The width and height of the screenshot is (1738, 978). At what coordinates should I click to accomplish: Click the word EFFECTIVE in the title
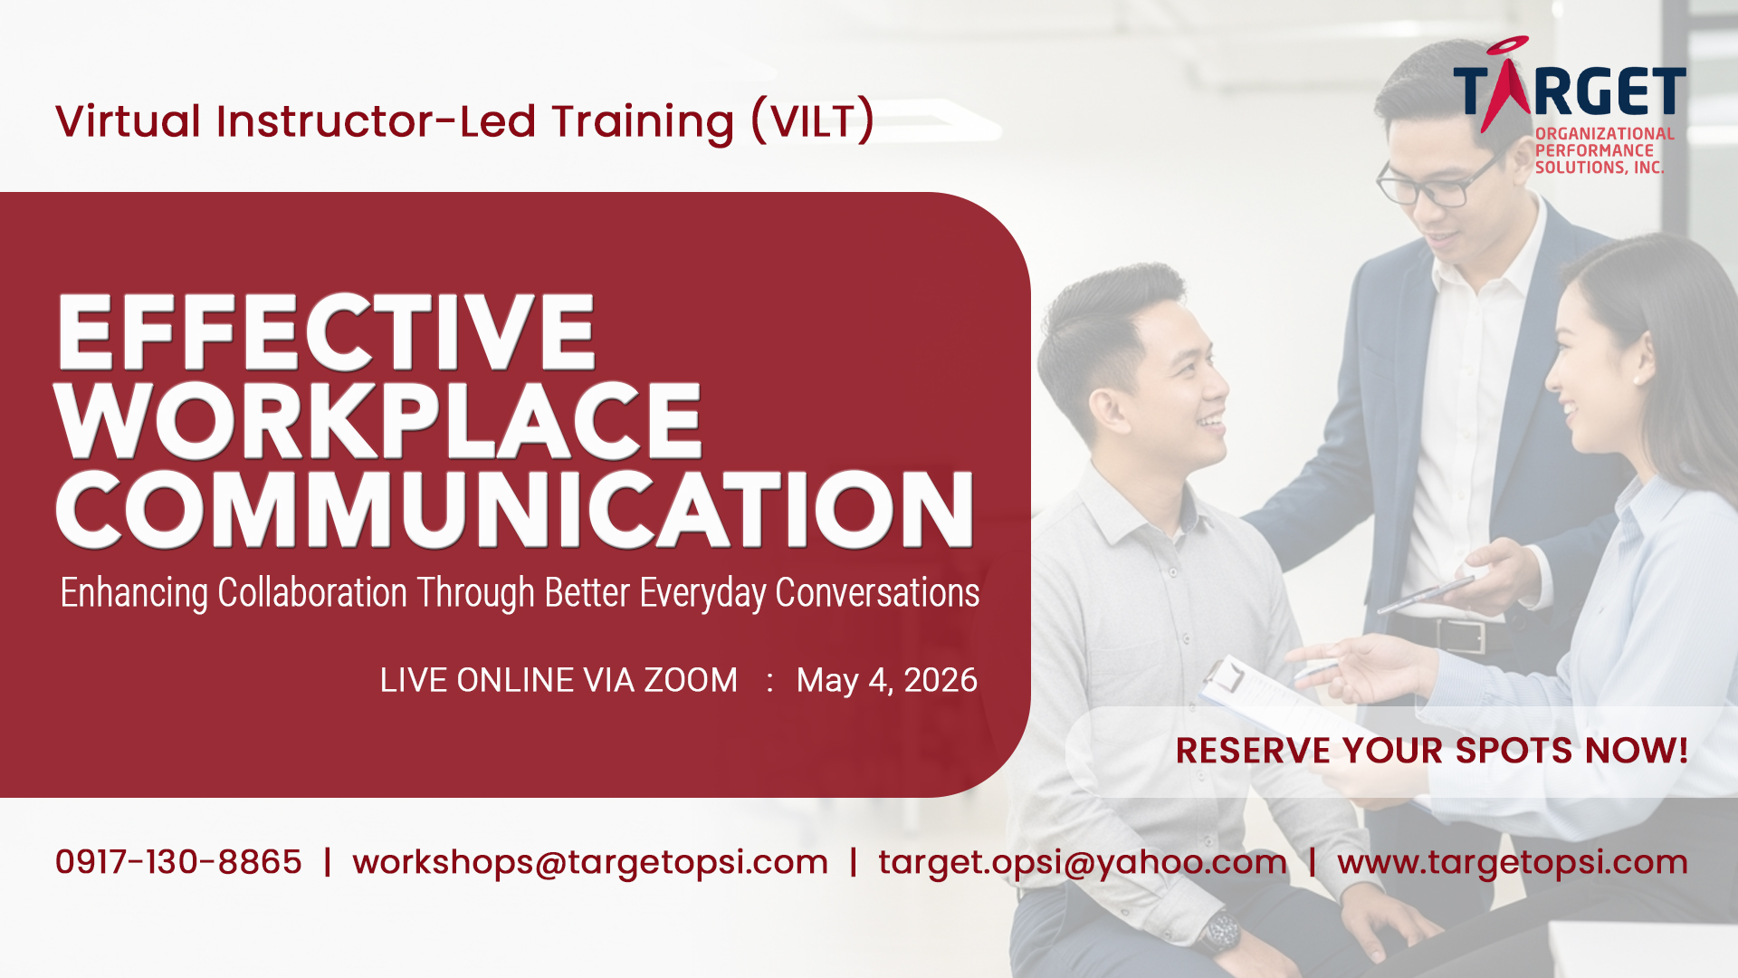click(326, 331)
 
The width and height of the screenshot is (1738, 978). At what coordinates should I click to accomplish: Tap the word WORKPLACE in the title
click(378, 420)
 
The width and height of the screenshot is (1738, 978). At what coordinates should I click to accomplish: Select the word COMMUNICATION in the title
click(514, 509)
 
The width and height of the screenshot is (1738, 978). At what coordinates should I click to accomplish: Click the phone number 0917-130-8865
click(178, 862)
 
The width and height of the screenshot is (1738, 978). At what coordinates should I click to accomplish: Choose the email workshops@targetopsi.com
click(590, 862)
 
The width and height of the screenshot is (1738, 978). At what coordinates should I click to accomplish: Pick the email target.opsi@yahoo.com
click(1083, 862)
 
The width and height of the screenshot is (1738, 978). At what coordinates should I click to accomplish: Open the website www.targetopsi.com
click(1513, 862)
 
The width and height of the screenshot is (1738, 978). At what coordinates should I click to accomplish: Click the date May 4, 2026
click(887, 680)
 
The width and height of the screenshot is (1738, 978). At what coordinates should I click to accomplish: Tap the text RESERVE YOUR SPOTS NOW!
click(1432, 751)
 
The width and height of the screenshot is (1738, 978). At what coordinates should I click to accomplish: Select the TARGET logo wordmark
click(1570, 91)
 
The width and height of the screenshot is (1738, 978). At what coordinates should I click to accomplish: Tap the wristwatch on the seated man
click(1218, 933)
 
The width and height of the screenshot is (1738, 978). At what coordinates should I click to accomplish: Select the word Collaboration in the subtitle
click(312, 593)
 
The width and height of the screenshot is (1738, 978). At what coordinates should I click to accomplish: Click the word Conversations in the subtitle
click(877, 593)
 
